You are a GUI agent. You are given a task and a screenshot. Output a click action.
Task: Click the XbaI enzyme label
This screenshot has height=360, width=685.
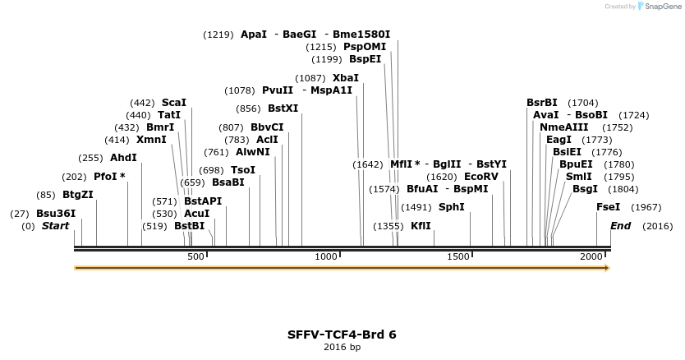pyautogui.click(x=345, y=78)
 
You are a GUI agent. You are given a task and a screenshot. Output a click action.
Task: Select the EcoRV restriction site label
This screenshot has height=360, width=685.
pyautogui.click(x=481, y=177)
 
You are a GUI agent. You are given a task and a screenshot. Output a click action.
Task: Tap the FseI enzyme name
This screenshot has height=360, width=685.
pyautogui.click(x=608, y=207)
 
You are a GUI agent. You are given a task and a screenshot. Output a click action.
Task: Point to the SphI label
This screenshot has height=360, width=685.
pyautogui.click(x=451, y=207)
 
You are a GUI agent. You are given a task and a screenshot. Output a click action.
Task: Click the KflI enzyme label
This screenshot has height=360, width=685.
pyautogui.click(x=421, y=226)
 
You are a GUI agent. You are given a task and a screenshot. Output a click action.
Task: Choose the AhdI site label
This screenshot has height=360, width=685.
pyautogui.click(x=123, y=158)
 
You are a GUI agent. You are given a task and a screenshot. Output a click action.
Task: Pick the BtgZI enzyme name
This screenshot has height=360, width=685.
pyautogui.click(x=78, y=195)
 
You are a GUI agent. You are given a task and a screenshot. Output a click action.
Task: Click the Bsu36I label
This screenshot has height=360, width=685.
pyautogui.click(x=56, y=214)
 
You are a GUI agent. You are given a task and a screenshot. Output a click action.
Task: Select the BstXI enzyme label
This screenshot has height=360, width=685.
pyautogui.click(x=283, y=108)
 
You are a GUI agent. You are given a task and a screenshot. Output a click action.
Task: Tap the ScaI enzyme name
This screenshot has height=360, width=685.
pyautogui.click(x=174, y=103)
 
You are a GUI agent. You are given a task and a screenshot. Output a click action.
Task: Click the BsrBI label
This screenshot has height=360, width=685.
pyautogui.click(x=542, y=103)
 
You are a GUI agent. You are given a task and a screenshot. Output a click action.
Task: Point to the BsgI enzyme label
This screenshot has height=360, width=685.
pyautogui.click(x=585, y=189)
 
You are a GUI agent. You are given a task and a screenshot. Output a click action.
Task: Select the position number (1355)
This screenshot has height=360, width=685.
pyautogui.click(x=388, y=226)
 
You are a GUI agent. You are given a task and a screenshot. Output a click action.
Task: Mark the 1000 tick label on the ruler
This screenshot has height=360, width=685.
pyautogui.click(x=327, y=257)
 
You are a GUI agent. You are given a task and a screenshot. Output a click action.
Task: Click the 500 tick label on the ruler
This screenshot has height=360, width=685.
pyautogui.click(x=195, y=257)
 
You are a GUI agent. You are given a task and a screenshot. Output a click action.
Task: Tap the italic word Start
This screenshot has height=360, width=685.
pyautogui.click(x=56, y=226)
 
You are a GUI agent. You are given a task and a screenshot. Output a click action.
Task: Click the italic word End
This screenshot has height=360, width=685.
pyautogui.click(x=620, y=226)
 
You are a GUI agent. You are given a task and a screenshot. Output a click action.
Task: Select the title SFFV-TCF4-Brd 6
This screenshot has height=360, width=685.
pyautogui.click(x=342, y=335)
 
